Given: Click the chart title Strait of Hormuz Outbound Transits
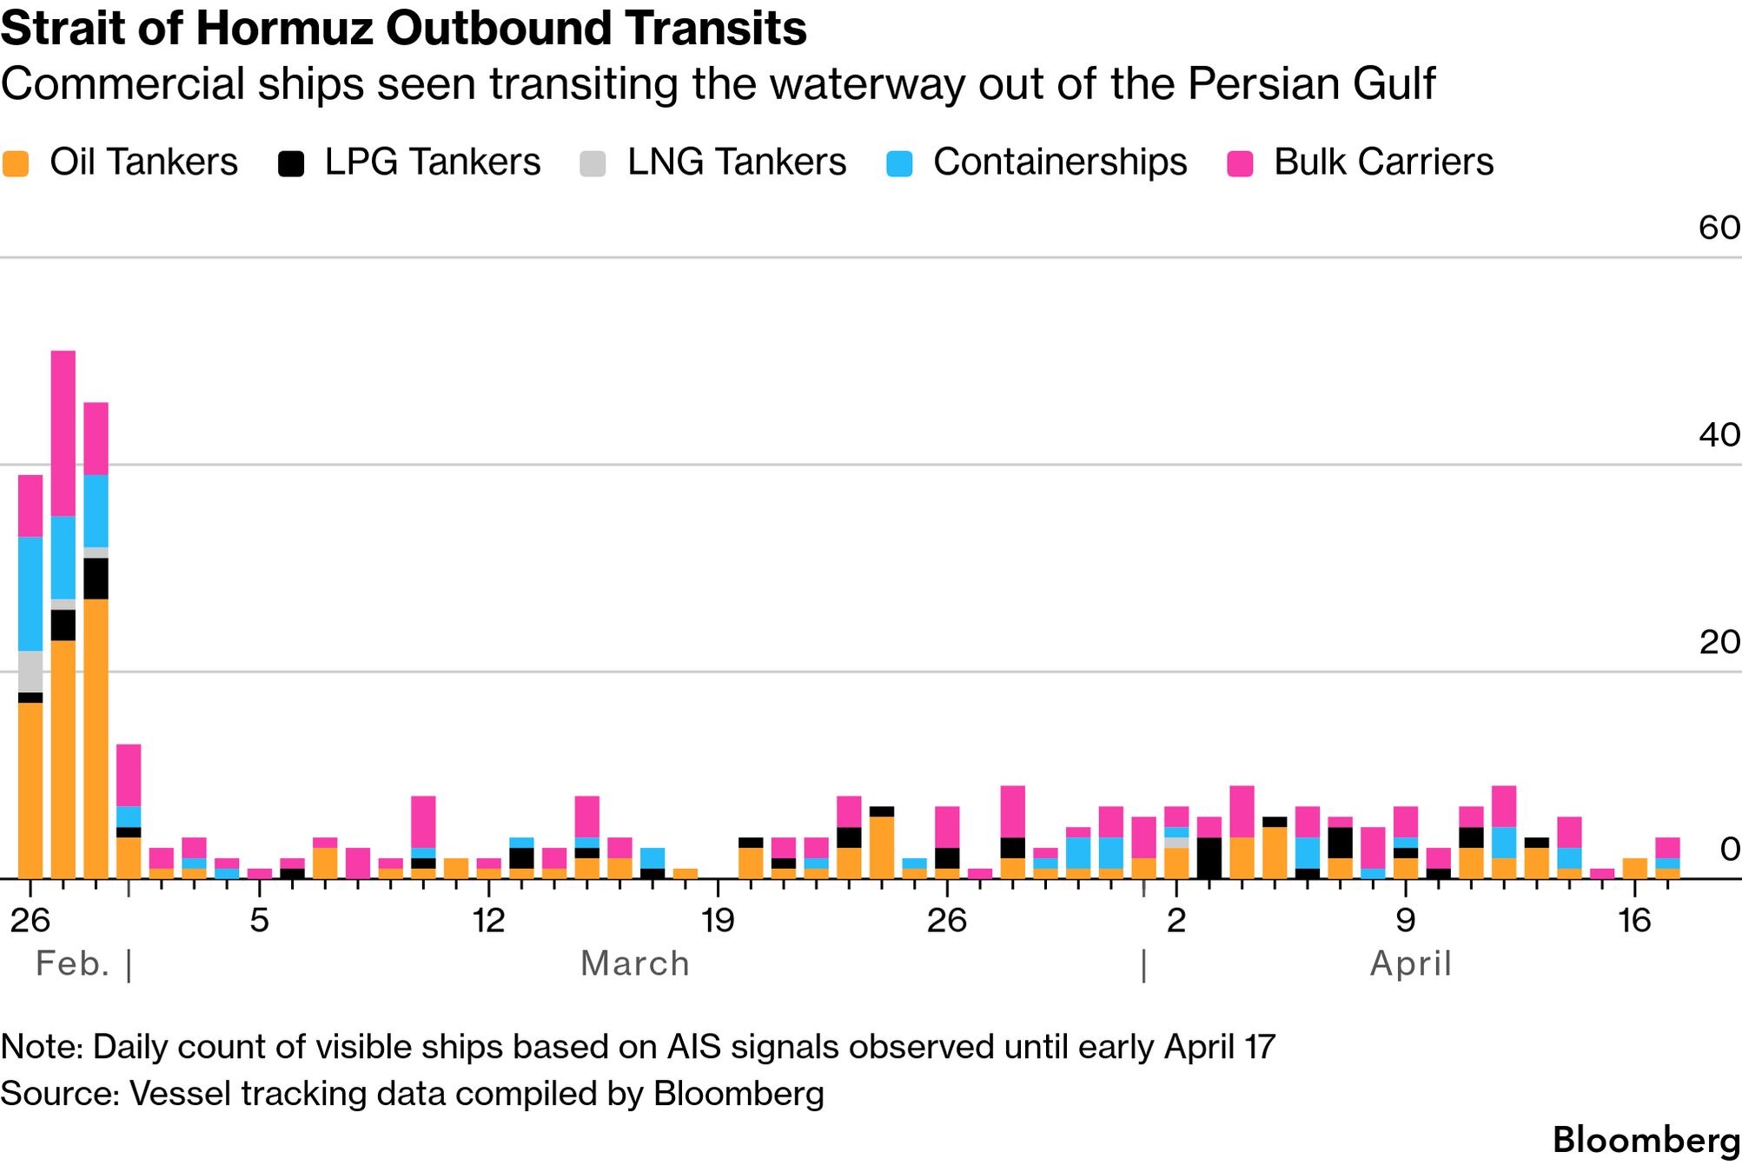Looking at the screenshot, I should [403, 28].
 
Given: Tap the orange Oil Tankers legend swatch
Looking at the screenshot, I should [17, 163].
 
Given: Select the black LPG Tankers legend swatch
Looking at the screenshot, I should [291, 163].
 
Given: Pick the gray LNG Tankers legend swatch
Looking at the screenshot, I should [593, 163].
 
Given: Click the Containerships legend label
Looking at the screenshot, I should [1059, 162].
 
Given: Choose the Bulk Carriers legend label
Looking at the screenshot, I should [1383, 162].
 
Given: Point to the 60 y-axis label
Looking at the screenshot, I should [1719, 228].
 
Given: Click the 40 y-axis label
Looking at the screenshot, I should [1719, 434].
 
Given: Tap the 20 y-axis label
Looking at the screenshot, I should [1719, 642].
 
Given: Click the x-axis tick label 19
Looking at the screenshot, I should [718, 920].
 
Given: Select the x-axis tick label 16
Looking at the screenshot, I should [1633, 920].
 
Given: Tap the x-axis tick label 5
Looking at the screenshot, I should [259, 920].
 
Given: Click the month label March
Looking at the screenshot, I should [634, 963].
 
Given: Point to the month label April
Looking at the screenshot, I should [1410, 963].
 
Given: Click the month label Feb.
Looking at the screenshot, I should [73, 963].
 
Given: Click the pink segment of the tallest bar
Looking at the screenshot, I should [63, 433].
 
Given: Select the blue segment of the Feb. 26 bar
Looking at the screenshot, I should [30, 593].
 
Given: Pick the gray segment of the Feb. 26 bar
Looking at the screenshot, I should [30, 672].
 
